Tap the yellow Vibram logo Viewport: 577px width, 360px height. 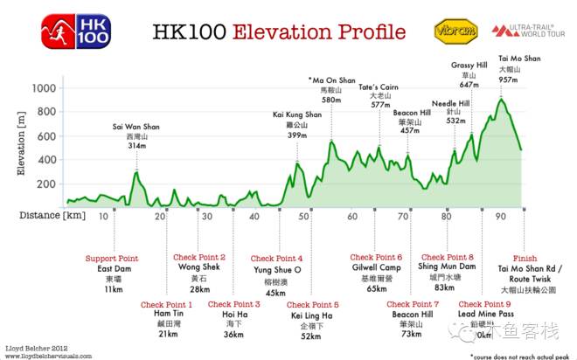[x=455, y=31]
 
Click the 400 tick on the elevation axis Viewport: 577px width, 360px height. [x=45, y=161]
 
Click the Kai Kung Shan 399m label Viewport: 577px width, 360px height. [x=297, y=125]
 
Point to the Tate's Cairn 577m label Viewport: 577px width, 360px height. [x=379, y=95]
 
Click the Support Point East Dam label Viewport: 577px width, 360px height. [x=110, y=273]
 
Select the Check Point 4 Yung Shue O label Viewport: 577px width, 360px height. [x=276, y=274]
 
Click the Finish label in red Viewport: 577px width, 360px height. [x=525, y=259]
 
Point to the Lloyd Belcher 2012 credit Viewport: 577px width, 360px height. [x=34, y=347]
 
